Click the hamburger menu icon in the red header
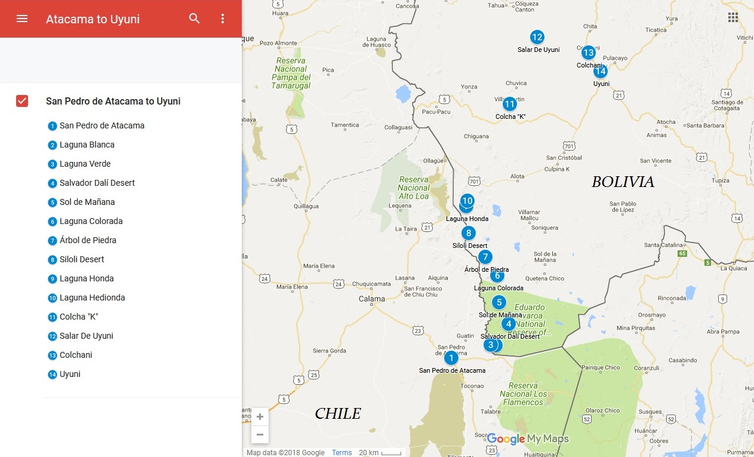22,19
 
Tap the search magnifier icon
194,19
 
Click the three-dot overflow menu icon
223,19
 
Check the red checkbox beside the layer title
22,101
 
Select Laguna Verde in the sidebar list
85,164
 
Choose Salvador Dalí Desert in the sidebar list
97,183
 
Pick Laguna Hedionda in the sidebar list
92,297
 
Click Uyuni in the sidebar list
70,374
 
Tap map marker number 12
537,37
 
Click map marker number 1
451,358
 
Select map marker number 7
485,257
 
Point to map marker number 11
509,104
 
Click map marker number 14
600,72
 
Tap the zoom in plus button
260,417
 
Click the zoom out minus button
260,434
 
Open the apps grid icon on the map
733,17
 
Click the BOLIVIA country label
623,182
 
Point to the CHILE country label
338,413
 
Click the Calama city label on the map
371,299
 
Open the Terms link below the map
342,452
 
